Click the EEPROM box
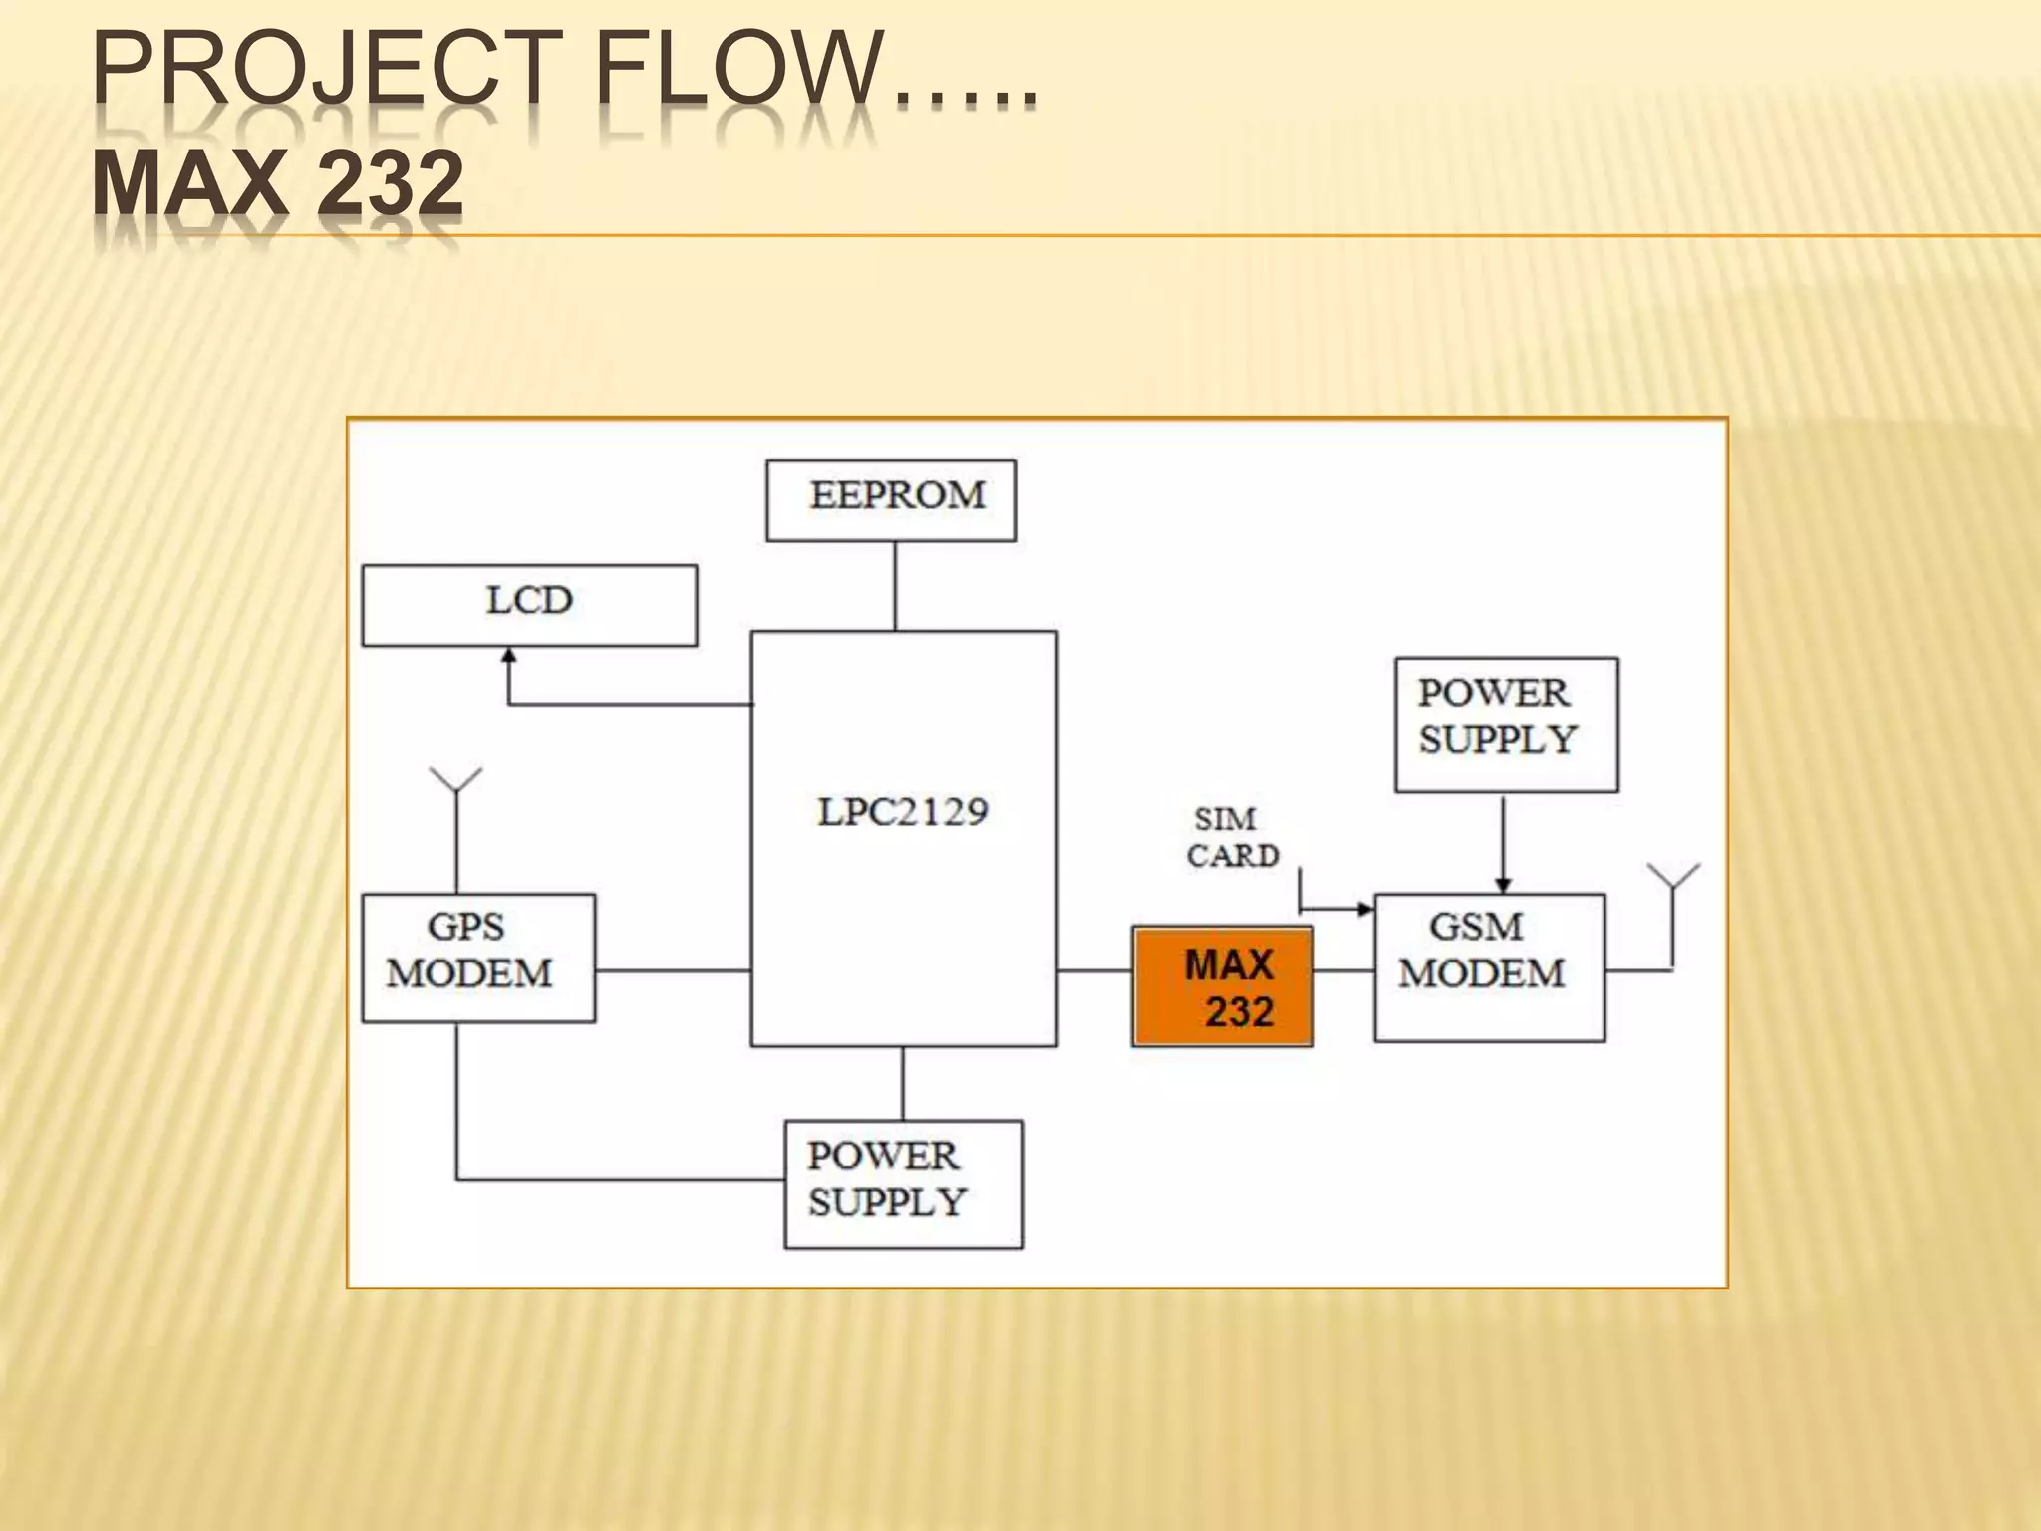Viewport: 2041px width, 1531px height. (x=891, y=500)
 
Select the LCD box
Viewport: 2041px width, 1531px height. (x=529, y=605)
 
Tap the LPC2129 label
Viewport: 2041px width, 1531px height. (x=903, y=812)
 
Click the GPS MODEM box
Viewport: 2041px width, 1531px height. (x=478, y=958)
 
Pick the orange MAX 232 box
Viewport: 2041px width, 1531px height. (x=1223, y=986)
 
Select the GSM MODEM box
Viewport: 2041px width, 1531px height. (x=1489, y=968)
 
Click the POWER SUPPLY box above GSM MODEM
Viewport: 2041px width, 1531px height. (x=1506, y=725)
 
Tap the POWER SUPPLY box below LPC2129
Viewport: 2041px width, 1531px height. (x=904, y=1184)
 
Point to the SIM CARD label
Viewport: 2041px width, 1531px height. (x=1232, y=837)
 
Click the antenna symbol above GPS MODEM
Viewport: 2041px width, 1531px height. (x=455, y=780)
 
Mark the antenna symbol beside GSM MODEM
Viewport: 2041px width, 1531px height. (x=1673, y=877)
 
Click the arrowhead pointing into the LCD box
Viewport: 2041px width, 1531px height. (x=509, y=656)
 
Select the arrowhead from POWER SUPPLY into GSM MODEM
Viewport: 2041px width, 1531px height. (x=1504, y=885)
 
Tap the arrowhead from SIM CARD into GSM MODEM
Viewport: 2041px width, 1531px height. (x=1364, y=909)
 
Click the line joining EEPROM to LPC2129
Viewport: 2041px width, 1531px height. (x=895, y=586)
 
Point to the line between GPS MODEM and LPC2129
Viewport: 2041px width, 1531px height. (x=673, y=970)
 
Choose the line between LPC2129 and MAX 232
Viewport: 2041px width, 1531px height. (x=1094, y=970)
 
